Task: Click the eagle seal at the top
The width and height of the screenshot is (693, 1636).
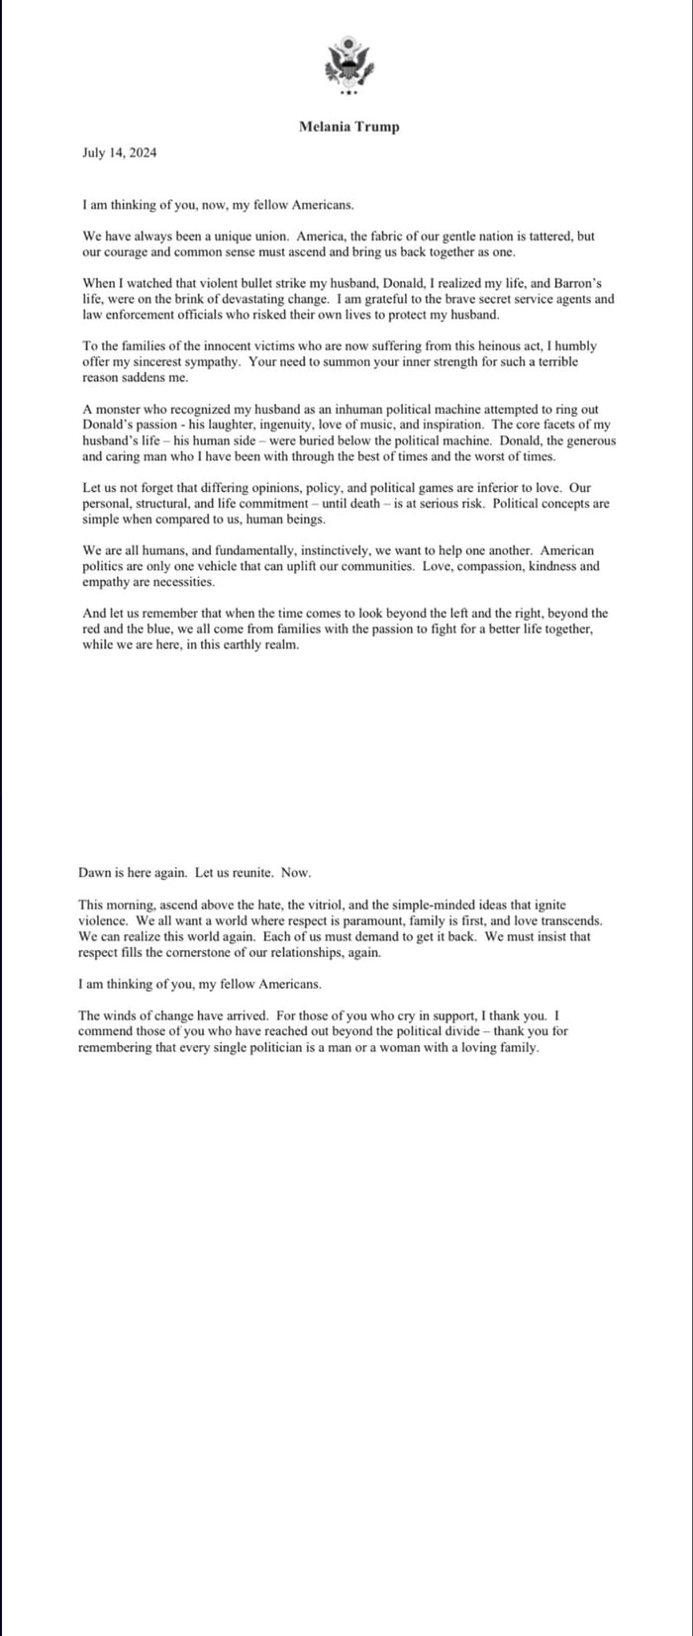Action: coord(347,65)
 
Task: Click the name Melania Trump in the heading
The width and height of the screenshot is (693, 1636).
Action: coord(348,127)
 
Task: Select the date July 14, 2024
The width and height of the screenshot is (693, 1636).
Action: coord(119,153)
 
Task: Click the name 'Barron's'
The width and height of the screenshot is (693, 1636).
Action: coord(590,283)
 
